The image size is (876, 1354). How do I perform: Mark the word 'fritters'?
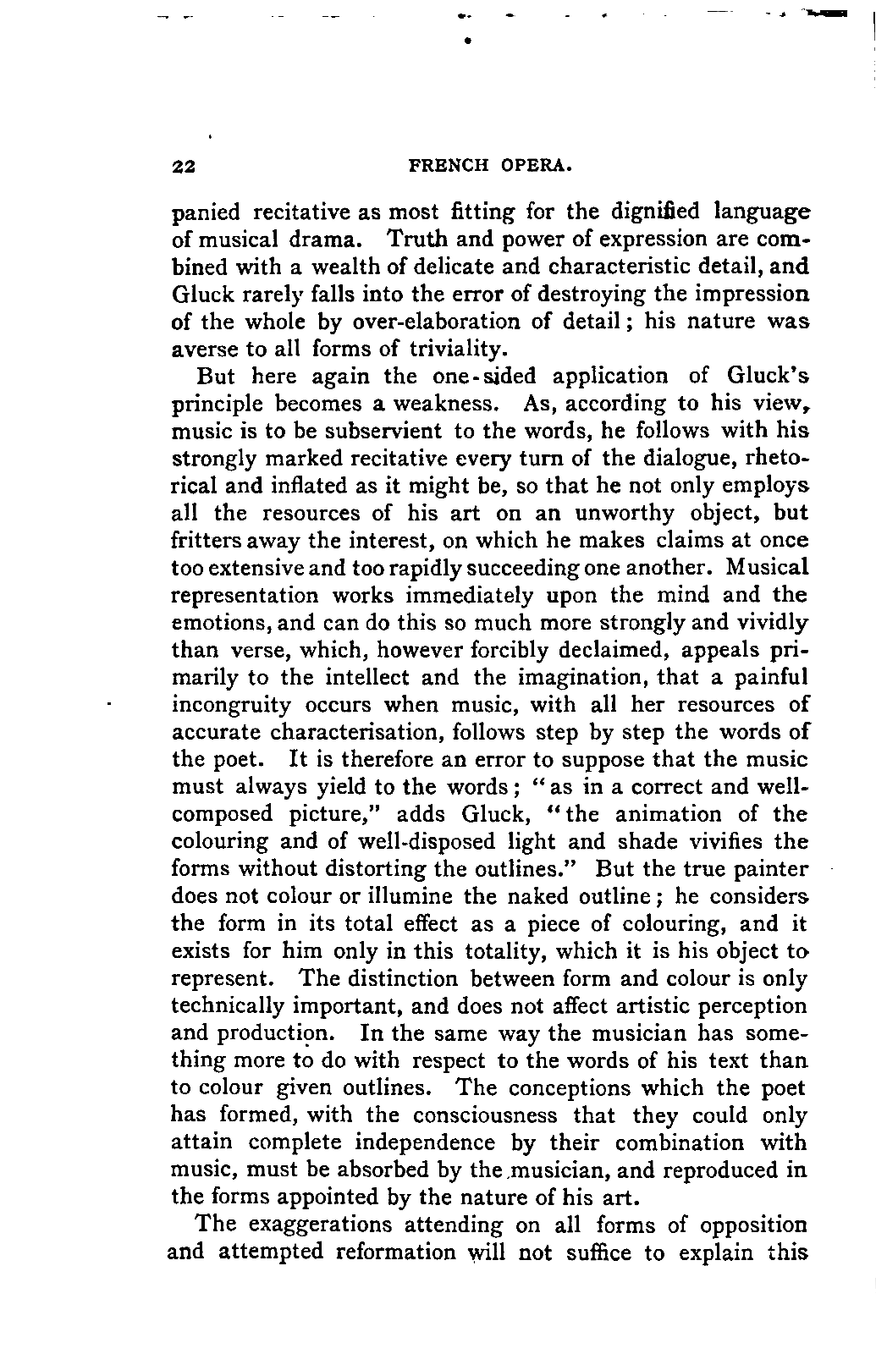[x=206, y=540]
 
